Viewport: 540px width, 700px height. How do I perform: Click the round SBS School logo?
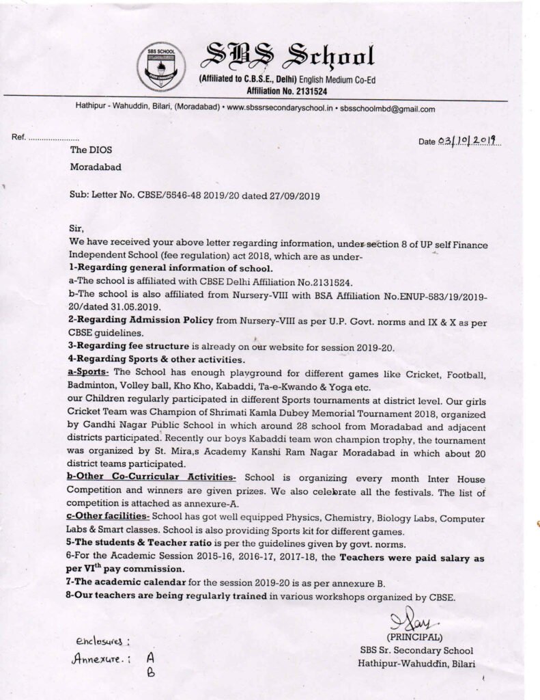tap(160, 67)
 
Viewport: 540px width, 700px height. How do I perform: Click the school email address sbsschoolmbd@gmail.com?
tap(387, 109)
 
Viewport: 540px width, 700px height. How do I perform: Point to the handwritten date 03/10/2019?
tap(469, 141)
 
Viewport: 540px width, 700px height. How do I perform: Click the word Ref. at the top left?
tap(18, 137)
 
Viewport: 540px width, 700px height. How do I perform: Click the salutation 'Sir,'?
tap(76, 231)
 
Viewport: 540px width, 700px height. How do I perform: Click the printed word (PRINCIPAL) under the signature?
tap(413, 638)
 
